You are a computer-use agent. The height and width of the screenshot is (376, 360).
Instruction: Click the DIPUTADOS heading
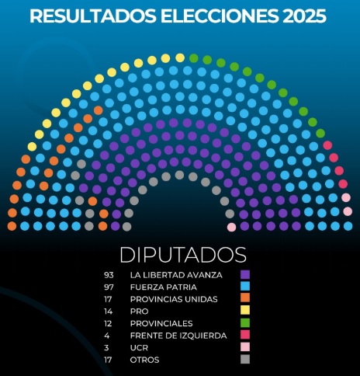point(183,255)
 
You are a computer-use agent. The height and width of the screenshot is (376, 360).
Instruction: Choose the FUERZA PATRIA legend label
point(163,287)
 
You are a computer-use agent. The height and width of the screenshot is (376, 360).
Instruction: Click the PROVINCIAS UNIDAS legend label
point(174,299)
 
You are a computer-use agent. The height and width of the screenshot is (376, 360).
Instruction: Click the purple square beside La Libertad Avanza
point(245,274)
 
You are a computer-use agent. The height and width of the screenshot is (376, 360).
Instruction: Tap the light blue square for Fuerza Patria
point(245,287)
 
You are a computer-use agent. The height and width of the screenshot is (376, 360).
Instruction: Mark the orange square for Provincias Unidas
point(245,299)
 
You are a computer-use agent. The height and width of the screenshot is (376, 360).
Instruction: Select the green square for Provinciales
point(245,323)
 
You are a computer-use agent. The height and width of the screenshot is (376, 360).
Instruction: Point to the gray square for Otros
point(245,360)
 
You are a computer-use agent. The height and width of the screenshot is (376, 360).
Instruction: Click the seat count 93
point(109,274)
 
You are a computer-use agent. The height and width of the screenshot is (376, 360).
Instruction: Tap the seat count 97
point(109,287)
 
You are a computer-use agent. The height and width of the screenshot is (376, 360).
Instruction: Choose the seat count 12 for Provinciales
point(109,323)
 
